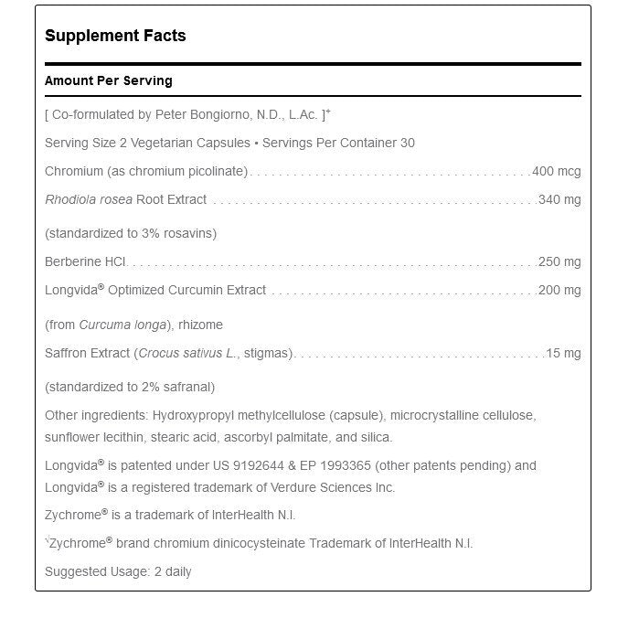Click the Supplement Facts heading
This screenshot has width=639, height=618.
coord(115,37)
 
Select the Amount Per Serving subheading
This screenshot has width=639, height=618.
coord(108,81)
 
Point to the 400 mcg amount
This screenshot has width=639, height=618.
coord(556,171)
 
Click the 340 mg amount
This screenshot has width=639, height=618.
coord(559,199)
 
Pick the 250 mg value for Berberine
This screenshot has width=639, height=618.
coord(559,261)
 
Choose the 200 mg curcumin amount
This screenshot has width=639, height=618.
coord(559,290)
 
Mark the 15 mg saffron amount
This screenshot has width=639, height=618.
coord(563,353)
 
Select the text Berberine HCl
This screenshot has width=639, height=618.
coord(86,261)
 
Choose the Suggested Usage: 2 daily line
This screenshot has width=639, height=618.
coord(118,571)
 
